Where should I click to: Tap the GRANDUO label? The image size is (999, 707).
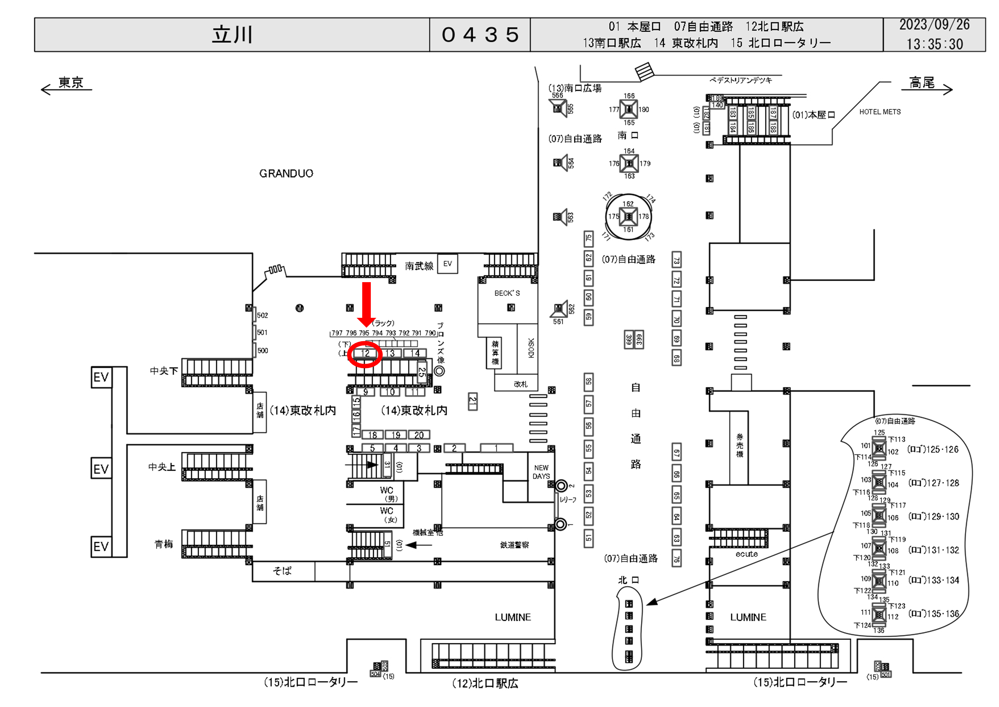(286, 174)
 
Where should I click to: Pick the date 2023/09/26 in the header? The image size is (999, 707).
(934, 25)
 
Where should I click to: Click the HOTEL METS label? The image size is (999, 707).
(880, 112)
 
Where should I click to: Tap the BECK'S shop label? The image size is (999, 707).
(507, 293)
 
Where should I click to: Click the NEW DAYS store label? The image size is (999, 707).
(541, 472)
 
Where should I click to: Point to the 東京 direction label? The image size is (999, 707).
(71, 82)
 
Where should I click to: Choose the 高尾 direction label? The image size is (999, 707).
(921, 82)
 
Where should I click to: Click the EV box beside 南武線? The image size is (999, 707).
(447, 264)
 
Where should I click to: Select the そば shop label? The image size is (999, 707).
(282, 571)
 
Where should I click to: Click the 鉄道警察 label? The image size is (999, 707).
(514, 545)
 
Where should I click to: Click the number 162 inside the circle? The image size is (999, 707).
(628, 204)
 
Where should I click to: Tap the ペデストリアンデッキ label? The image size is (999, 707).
(741, 80)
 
